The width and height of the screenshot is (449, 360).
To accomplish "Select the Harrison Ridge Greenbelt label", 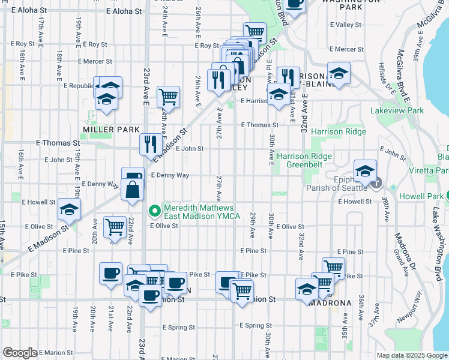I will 304,161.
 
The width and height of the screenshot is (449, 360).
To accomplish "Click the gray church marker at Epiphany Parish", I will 377,183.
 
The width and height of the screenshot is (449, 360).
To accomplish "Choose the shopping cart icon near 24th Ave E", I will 169,95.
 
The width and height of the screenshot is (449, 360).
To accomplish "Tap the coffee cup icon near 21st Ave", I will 110,273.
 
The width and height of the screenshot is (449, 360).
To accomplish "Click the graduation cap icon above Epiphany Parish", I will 365,171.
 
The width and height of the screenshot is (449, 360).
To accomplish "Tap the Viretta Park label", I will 432,171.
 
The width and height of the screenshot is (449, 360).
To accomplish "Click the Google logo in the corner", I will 20,353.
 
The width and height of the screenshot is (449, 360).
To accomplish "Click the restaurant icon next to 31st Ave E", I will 288,77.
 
